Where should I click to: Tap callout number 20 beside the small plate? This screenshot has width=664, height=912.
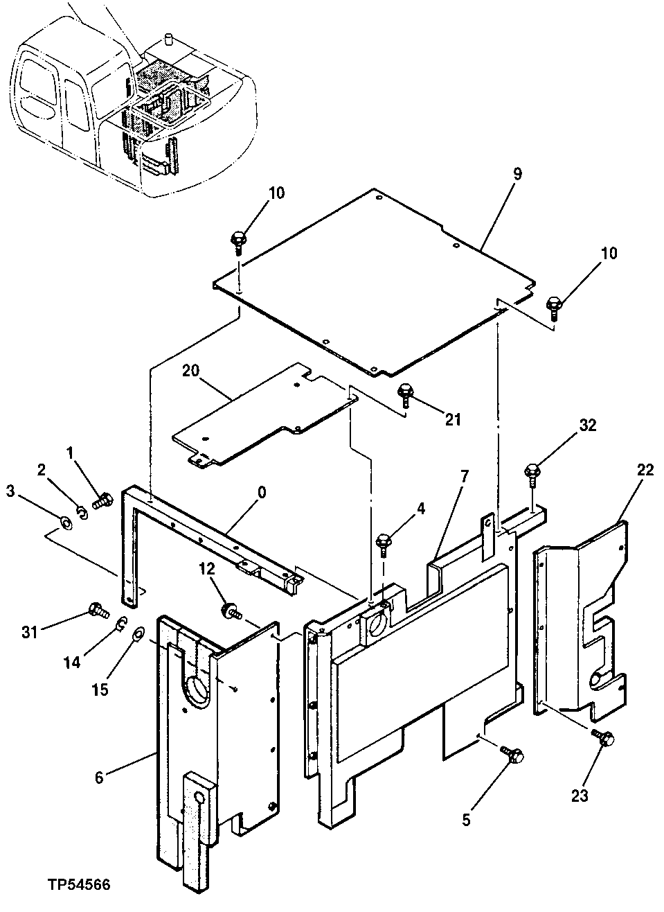(190, 370)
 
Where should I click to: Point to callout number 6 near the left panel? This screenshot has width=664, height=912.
(99, 778)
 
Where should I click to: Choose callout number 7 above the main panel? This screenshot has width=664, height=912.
(464, 476)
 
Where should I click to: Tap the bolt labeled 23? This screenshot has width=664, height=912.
(603, 739)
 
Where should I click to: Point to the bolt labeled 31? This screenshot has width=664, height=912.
(97, 611)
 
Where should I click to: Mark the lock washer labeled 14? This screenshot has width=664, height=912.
(119, 624)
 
